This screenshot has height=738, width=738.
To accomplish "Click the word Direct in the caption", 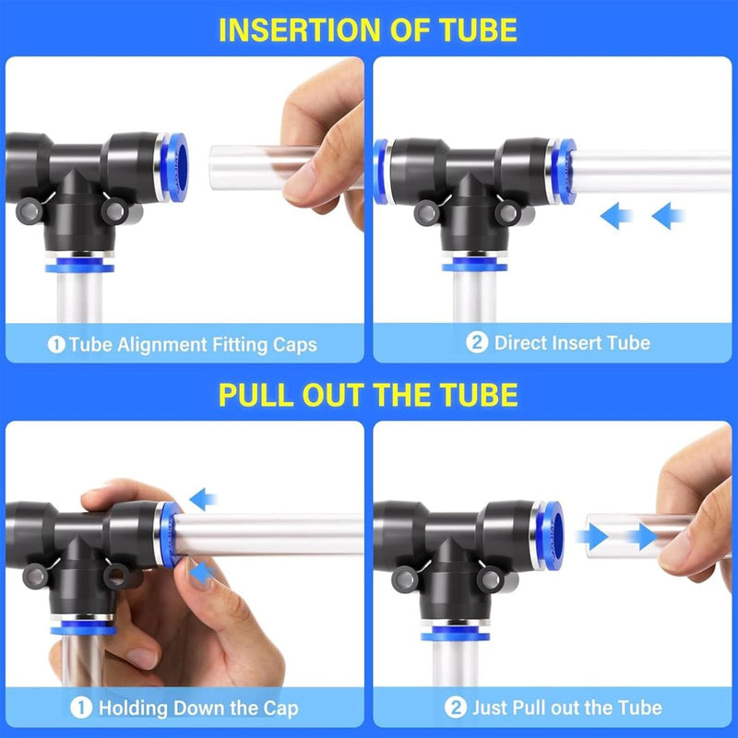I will (523, 343).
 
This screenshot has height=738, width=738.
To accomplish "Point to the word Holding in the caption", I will (131, 708).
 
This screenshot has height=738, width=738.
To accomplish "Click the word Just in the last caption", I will (492, 708).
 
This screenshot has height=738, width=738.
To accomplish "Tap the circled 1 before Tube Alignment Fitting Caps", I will (56, 345).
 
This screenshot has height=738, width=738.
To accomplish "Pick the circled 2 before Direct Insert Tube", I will (477, 343).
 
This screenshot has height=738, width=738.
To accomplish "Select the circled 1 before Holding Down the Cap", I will (82, 708).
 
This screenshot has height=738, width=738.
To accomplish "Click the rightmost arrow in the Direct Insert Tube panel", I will (669, 217).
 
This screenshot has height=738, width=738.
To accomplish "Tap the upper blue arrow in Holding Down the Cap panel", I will (202, 500).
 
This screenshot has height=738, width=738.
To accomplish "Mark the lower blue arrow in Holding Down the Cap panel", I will (200, 573).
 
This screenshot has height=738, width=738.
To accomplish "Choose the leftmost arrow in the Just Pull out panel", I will (591, 536).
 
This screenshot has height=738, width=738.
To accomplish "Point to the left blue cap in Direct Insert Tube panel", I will (381, 171).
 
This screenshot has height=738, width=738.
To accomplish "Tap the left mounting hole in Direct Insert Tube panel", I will (425, 213).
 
